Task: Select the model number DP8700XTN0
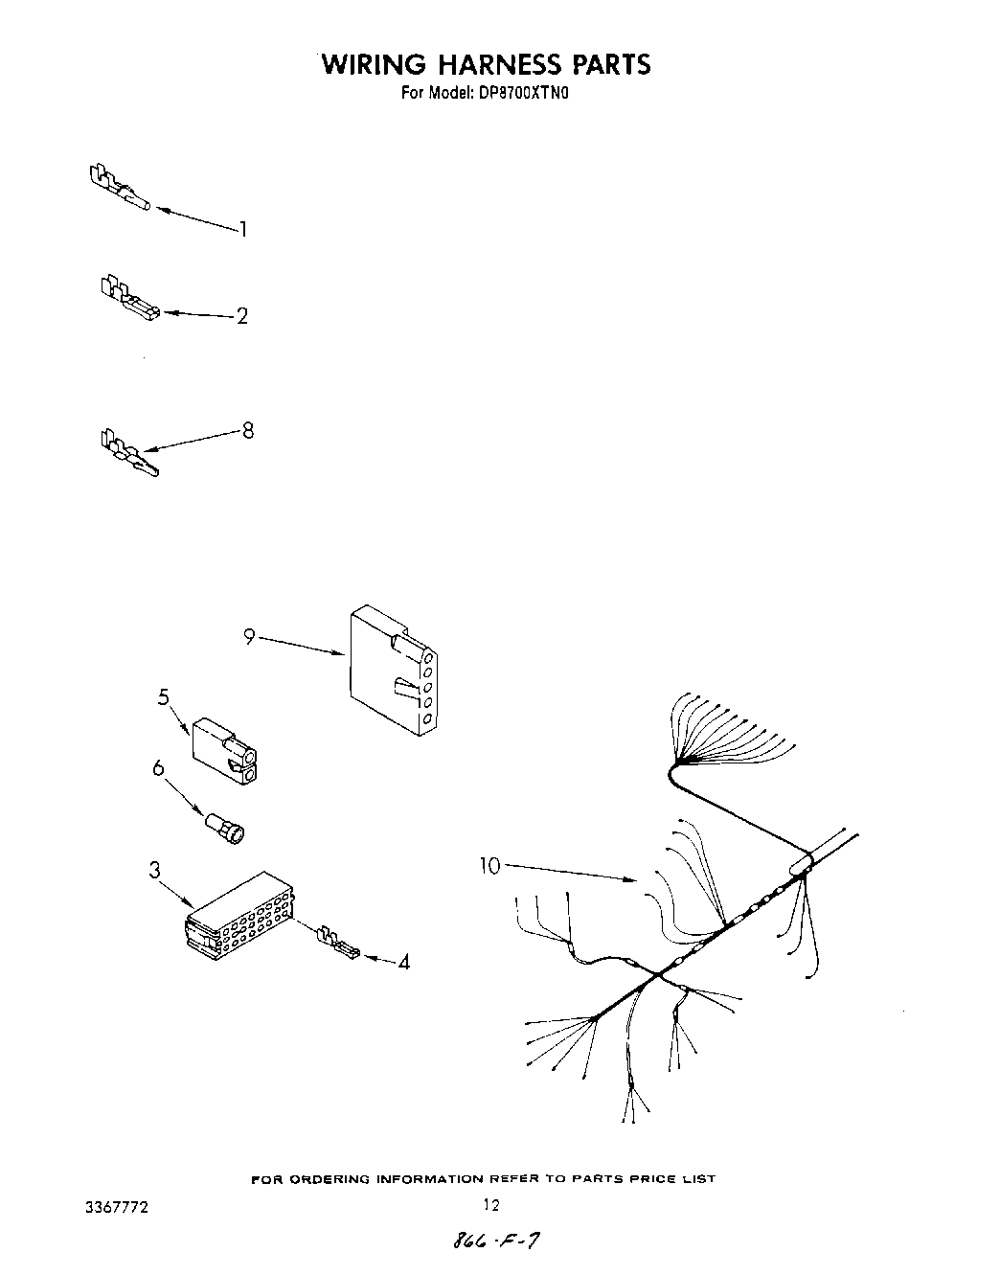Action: [x=524, y=94]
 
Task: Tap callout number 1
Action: [x=243, y=229]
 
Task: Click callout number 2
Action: [x=242, y=316]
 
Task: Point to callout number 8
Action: [x=248, y=430]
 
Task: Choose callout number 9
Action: [x=249, y=636]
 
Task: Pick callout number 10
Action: [x=489, y=866]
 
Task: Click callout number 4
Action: [x=403, y=962]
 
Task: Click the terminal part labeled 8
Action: [x=127, y=453]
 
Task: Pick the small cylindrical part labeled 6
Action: [x=226, y=828]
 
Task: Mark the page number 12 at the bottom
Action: [x=490, y=1206]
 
